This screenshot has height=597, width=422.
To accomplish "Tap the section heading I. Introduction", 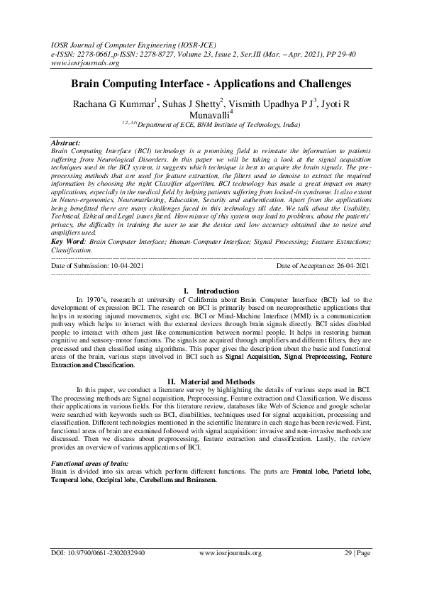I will (211, 291).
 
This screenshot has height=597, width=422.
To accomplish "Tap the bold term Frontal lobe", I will (311, 471).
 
